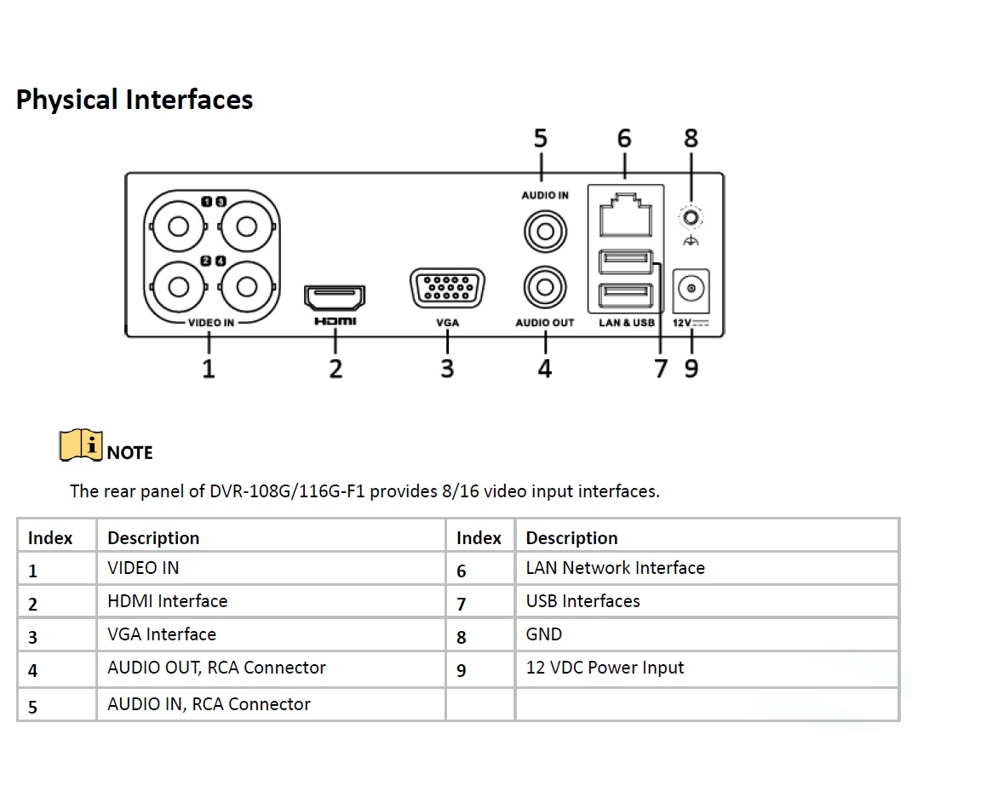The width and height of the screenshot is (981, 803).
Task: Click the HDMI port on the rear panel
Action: pos(335,298)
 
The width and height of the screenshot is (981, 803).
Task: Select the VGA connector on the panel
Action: pos(447,290)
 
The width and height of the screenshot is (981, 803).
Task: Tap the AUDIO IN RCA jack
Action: pos(545,230)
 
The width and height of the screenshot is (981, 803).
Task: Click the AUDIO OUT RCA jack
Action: pos(545,288)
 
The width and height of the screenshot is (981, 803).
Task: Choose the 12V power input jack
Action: pos(691,290)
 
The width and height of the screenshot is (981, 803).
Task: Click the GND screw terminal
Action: pos(691,219)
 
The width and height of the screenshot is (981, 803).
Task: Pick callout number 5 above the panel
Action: pos(541,138)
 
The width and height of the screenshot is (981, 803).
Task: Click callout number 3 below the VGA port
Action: pos(447,368)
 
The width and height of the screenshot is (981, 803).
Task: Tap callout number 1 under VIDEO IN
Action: pos(209,368)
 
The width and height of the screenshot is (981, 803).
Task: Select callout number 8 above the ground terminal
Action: pos(691,138)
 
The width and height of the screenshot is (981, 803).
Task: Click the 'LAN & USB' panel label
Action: pos(626,323)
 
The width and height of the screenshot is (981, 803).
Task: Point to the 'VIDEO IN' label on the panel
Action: pos(210,323)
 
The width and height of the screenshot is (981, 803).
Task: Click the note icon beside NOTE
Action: pos(81,445)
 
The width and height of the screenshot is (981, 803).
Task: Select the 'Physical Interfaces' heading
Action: pos(135,100)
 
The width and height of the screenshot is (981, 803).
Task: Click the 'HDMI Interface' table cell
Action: pos(167,601)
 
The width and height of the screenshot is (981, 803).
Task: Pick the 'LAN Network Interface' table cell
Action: pos(615,568)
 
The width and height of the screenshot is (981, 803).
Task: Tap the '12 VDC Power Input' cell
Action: pos(605,668)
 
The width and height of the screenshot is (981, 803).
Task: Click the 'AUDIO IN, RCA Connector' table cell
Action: pos(209,704)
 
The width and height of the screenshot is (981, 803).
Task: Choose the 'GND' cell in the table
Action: pos(544,634)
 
